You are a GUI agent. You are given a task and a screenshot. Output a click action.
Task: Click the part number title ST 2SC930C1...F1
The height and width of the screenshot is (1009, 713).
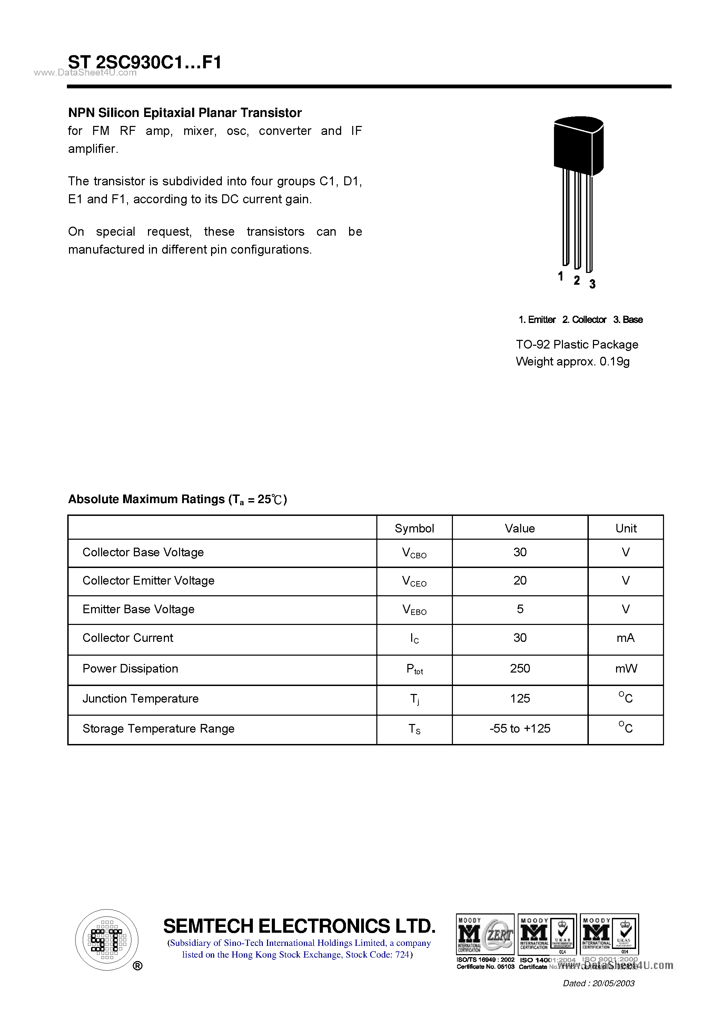click(145, 62)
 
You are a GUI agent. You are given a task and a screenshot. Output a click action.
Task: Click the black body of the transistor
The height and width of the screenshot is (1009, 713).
click(578, 147)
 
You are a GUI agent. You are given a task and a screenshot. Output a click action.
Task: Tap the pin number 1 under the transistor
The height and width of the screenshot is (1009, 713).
click(561, 276)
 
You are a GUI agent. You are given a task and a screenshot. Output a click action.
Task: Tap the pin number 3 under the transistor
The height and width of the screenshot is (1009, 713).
click(592, 284)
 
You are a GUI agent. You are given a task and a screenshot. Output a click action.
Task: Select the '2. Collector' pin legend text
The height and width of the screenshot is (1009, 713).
click(584, 320)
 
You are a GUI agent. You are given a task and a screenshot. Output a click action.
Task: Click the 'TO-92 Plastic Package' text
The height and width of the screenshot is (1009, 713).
click(576, 344)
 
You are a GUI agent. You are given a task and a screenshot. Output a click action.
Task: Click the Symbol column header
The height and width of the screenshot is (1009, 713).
click(414, 528)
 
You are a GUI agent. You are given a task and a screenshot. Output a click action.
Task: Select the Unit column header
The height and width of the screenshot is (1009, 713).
click(626, 528)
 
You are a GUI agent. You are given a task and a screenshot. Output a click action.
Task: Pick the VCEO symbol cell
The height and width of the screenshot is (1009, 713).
click(414, 581)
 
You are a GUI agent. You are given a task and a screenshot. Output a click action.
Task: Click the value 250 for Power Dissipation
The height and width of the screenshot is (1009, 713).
click(520, 668)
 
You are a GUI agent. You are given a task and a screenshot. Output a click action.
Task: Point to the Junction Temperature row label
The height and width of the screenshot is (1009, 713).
click(141, 698)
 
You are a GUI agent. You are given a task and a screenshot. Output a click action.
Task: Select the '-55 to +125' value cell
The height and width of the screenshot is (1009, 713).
click(520, 728)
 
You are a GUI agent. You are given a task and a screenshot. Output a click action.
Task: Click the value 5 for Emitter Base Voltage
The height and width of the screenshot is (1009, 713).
click(520, 609)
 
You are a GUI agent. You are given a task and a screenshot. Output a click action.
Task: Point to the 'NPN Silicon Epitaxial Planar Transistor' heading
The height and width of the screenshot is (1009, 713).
click(185, 113)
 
